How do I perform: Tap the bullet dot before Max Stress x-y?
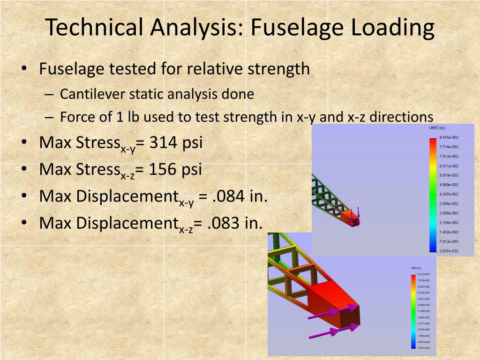[x=24, y=142]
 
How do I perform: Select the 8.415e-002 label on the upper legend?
[x=449, y=137]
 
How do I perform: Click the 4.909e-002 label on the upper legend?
[x=449, y=184]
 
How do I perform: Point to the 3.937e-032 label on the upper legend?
[x=449, y=251]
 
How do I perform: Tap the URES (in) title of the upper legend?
[x=437, y=127]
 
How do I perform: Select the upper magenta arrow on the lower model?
[x=334, y=311]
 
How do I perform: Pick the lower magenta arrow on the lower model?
[x=328, y=332]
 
